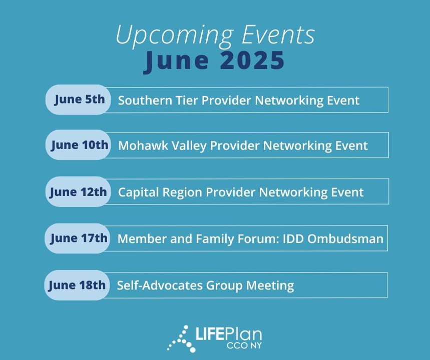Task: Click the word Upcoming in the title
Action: pyautogui.click(x=175, y=35)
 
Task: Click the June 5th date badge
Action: pyautogui.click(x=78, y=99)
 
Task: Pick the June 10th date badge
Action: pyautogui.click(x=78, y=144)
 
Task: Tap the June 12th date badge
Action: pyautogui.click(x=78, y=191)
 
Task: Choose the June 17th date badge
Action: pyautogui.click(x=78, y=238)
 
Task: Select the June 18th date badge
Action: pyautogui.click(x=77, y=285)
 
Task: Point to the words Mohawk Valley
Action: pyautogui.click(x=162, y=146)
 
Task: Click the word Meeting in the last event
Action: pyautogui.click(x=270, y=286)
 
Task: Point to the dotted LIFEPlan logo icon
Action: pyautogui.click(x=181, y=338)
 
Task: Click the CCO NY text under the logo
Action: pyautogui.click(x=244, y=345)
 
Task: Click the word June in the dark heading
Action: pyautogui.click(x=176, y=61)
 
